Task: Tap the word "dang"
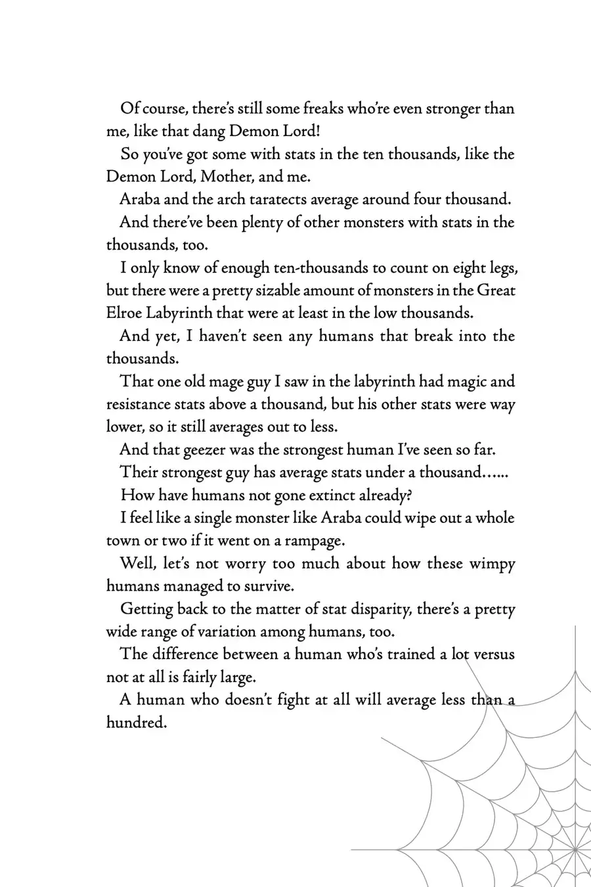click(208, 131)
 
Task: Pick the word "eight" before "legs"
click(456, 267)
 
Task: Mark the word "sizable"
click(278, 290)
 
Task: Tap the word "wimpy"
click(492, 563)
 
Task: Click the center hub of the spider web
click(575, 850)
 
